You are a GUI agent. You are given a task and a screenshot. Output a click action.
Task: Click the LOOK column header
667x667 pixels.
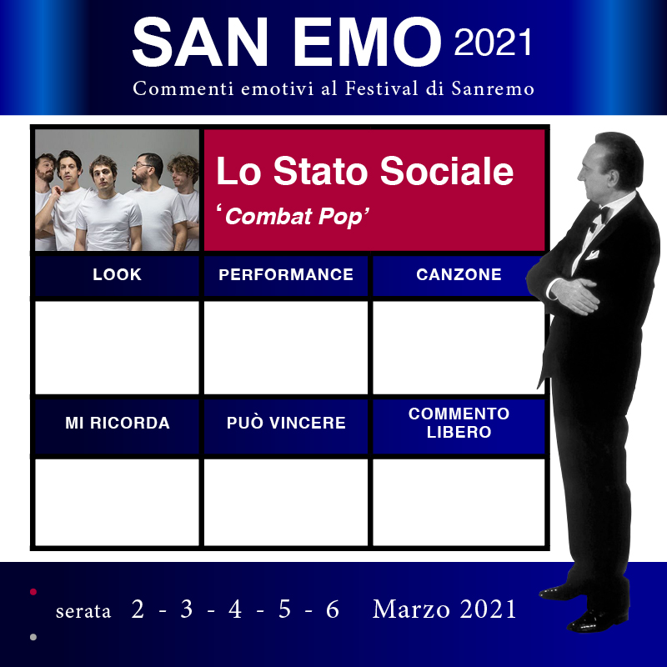pos(117,275)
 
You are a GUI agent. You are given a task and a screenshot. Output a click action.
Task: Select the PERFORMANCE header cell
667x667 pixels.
pos(286,275)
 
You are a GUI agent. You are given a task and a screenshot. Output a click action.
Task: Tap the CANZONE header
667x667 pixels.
pos(459,275)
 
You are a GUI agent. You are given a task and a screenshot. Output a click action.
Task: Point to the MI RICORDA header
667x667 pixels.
pos(118,423)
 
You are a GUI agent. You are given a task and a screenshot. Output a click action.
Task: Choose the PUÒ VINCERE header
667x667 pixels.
pos(286,423)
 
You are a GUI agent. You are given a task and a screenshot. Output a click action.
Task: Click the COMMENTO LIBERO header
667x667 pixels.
pos(459,423)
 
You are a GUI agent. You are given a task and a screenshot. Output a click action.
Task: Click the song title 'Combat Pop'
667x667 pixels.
pos(293,216)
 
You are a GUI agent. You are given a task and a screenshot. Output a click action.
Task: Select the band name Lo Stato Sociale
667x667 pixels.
pos(365,171)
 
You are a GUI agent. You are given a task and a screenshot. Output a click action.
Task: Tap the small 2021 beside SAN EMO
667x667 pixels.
pos(493,43)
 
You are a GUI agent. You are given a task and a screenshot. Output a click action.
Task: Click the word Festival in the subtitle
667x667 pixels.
pos(382,88)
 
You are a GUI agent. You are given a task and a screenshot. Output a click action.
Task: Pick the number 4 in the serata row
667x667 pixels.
pos(235,609)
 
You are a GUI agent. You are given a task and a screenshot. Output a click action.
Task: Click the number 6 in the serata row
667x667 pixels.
pos(333,609)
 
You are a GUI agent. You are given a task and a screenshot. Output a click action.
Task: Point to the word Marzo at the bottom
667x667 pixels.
pos(411,609)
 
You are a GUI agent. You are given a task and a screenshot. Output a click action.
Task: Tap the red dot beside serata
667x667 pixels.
pos(33,592)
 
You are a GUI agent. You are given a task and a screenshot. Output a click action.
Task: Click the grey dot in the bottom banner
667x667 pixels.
pos(33,637)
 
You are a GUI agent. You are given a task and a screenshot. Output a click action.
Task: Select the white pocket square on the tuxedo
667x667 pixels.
pos(592,255)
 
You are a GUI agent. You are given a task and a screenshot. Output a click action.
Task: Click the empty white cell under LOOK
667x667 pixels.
pos(117,348)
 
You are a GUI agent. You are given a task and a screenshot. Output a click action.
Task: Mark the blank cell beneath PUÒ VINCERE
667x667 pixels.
pos(286,502)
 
